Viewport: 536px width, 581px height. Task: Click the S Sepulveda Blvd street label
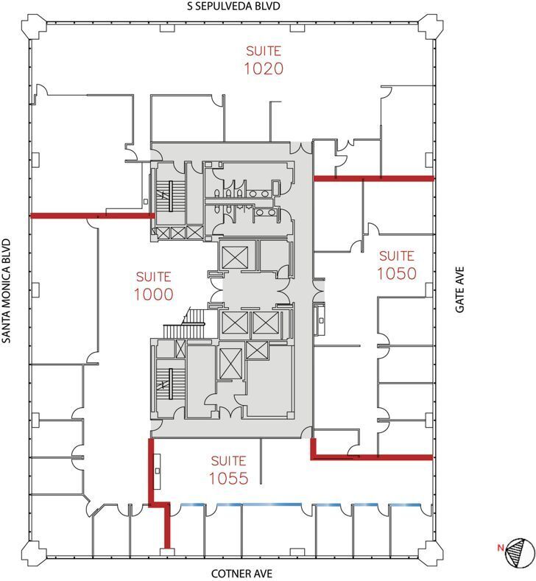click(233, 7)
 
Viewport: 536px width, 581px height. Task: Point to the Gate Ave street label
click(460, 291)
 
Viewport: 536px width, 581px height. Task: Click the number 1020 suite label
click(264, 68)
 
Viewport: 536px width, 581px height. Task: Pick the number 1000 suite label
click(153, 295)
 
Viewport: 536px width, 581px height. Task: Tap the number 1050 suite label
click(397, 274)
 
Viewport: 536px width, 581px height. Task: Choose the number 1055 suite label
click(228, 478)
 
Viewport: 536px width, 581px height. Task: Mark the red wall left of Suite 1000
click(92, 216)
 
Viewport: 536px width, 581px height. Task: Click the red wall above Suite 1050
click(373, 178)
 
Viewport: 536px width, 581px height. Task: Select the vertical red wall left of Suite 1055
click(152, 471)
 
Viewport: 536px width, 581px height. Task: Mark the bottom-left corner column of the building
click(34, 552)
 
